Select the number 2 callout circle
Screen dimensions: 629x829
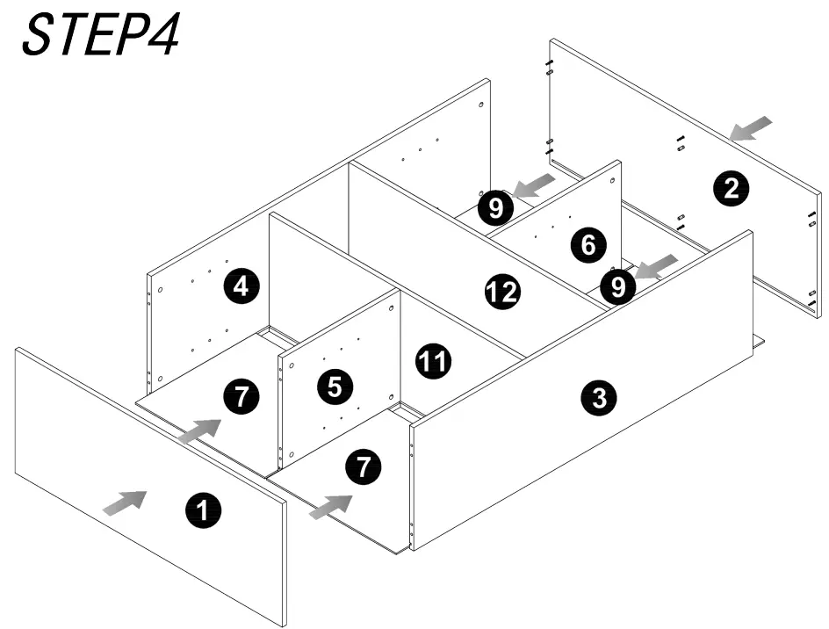point(731,188)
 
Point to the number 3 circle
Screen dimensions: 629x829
point(599,398)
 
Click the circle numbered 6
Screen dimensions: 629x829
point(588,245)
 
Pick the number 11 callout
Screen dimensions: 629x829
point(432,360)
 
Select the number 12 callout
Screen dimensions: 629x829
point(502,292)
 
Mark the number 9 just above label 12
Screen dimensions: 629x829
point(496,208)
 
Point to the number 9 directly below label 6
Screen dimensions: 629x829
point(618,286)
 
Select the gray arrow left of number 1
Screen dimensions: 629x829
point(124,502)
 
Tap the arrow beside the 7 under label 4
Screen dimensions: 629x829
point(198,430)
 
